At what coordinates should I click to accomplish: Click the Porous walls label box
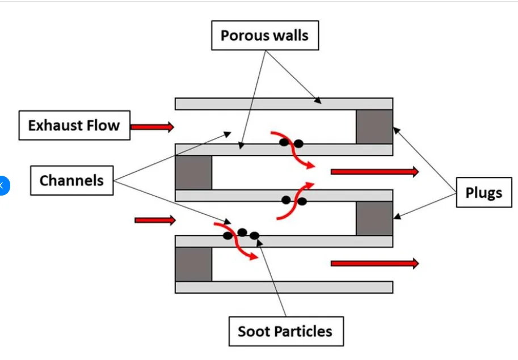264,36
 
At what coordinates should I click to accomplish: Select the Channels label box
71,181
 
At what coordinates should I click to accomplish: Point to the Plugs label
484,193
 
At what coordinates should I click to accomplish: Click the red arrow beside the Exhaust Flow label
152,128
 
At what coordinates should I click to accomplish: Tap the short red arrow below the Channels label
155,220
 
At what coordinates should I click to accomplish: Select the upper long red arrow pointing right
374,171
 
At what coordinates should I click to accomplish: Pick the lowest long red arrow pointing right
374,263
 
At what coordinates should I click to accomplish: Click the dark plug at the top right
374,127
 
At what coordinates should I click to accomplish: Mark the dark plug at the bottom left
193,264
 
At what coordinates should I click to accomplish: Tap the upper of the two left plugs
193,173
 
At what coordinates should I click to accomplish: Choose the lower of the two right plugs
374,218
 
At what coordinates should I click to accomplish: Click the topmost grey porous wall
284,104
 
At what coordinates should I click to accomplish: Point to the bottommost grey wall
284,287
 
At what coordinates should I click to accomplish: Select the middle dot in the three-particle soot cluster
242,232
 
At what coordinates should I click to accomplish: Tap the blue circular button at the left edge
3,185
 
